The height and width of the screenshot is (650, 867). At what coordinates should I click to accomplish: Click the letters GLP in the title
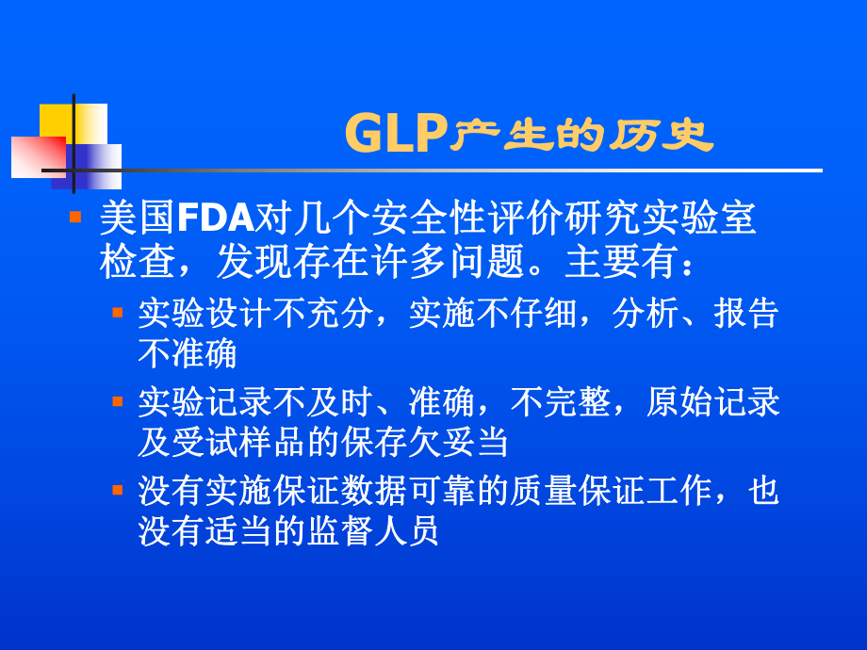[x=395, y=134]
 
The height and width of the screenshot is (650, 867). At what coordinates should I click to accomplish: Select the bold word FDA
[x=216, y=219]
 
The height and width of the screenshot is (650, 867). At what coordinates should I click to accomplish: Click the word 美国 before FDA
[x=138, y=219]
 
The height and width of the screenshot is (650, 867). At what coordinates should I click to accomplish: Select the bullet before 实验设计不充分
[x=118, y=310]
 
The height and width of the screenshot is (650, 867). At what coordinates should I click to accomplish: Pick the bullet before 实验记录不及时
[x=118, y=400]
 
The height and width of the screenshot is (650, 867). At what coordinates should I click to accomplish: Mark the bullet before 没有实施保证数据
[x=118, y=490]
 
